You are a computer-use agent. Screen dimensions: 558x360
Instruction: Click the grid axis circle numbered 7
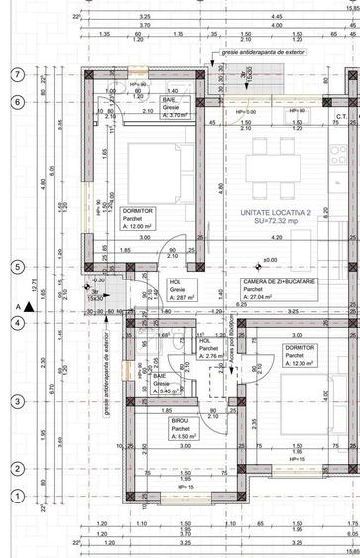[x=17, y=75]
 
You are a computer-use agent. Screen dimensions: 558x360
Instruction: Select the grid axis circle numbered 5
[x=17, y=266]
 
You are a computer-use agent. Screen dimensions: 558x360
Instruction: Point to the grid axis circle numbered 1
[x=17, y=497]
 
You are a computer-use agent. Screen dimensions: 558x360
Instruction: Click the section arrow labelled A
[x=30, y=308]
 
